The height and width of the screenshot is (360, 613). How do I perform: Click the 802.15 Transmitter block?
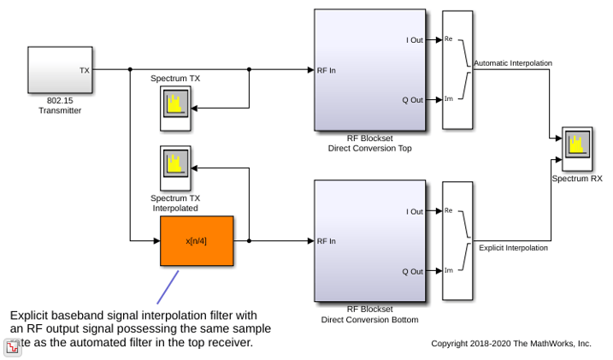click(60, 70)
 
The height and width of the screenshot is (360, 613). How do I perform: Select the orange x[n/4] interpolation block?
click(197, 241)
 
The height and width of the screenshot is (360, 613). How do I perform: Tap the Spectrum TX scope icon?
click(175, 109)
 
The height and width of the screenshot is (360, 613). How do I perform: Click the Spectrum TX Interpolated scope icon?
click(175, 168)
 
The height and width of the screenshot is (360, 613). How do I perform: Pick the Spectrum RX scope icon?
click(577, 149)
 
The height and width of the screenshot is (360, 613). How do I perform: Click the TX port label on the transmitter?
click(85, 70)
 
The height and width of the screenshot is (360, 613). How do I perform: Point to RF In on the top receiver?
click(327, 70)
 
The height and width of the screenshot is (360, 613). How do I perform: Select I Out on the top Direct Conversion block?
click(415, 40)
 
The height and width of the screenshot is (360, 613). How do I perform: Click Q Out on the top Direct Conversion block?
click(412, 100)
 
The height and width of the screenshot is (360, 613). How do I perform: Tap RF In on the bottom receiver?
click(327, 241)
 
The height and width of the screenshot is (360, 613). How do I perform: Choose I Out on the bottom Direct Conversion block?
click(415, 211)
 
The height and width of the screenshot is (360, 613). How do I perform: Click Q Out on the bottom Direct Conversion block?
click(412, 272)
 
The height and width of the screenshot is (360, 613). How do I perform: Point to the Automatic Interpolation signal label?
click(513, 63)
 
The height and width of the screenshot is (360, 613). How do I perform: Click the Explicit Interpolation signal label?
click(513, 248)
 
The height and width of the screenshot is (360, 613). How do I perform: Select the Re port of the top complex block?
click(448, 38)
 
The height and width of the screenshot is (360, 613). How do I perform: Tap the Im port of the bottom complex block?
click(448, 270)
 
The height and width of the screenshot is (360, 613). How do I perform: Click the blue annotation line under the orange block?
click(168, 287)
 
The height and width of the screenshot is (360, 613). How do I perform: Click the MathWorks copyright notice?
click(511, 344)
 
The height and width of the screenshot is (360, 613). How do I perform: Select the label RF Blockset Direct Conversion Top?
click(370, 143)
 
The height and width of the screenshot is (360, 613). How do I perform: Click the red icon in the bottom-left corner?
click(12, 347)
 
